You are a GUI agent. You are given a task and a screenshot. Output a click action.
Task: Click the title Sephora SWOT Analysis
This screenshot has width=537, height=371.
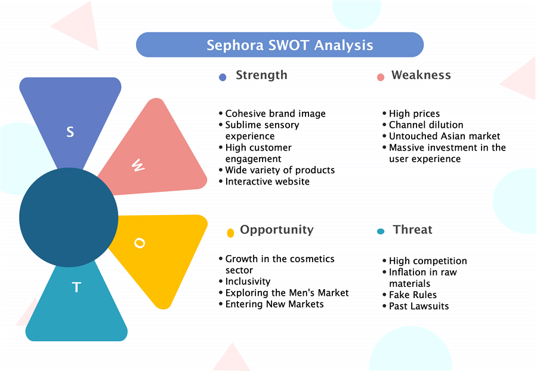pyautogui.click(x=290, y=45)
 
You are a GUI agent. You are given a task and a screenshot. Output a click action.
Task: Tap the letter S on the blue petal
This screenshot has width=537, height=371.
pyautogui.click(x=70, y=132)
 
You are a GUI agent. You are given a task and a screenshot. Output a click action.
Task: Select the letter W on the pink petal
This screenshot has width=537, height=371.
pyautogui.click(x=138, y=165)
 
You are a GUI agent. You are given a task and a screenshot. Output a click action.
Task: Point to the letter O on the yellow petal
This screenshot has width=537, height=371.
pyautogui.click(x=140, y=243)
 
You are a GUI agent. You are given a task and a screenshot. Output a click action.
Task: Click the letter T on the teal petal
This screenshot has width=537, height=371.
pyautogui.click(x=76, y=287)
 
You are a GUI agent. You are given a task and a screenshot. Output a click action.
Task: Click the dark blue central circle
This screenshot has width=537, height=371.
pyautogui.click(x=69, y=217)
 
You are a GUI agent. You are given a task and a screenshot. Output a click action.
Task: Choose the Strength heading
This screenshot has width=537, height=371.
pyautogui.click(x=262, y=75)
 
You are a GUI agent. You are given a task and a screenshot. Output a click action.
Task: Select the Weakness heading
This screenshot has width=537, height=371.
pyautogui.click(x=421, y=75)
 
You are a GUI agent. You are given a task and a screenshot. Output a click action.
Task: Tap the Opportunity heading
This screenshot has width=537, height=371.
pyautogui.click(x=277, y=230)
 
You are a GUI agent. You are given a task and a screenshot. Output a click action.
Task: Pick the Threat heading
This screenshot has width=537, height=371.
pyautogui.click(x=413, y=229)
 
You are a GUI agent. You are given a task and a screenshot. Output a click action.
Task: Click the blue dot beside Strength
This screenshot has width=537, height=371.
pyautogui.click(x=223, y=77)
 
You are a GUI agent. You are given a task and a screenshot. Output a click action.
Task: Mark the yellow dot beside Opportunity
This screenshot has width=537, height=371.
pyautogui.click(x=230, y=233)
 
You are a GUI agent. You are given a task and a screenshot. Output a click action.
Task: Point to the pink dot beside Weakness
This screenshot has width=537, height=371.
pyautogui.click(x=381, y=77)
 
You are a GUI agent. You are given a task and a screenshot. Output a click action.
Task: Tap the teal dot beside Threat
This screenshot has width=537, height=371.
pyautogui.click(x=381, y=231)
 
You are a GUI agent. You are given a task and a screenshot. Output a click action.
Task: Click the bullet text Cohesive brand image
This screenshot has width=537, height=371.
pyautogui.click(x=275, y=114)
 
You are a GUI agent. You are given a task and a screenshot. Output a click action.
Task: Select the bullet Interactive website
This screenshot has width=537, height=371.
pyautogui.click(x=267, y=182)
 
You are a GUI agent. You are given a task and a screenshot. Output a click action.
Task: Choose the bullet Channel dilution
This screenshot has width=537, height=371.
pyautogui.click(x=426, y=125)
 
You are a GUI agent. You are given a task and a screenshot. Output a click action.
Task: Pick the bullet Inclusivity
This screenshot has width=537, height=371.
pyautogui.click(x=248, y=281)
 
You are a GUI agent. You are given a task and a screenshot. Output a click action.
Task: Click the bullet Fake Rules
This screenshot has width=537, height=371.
pyautogui.click(x=413, y=295)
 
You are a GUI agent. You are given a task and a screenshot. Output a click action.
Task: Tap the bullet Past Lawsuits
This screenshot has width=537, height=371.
pyautogui.click(x=419, y=306)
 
